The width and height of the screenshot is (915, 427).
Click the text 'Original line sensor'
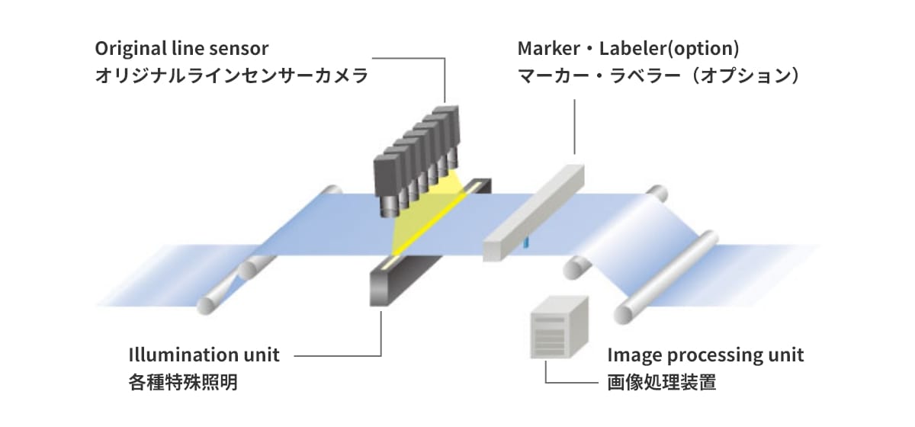pyautogui.click(x=182, y=49)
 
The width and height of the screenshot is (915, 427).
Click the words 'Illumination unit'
pyautogui.click(x=204, y=355)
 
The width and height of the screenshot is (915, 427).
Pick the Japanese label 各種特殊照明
pyautogui.click(x=183, y=382)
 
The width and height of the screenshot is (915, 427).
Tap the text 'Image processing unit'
pyautogui.click(x=705, y=355)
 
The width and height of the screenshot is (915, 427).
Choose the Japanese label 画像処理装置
pyautogui.click(x=662, y=382)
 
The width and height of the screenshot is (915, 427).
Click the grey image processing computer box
pyautogui.click(x=559, y=326)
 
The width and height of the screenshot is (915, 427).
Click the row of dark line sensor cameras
pyautogui.click(x=418, y=156)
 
